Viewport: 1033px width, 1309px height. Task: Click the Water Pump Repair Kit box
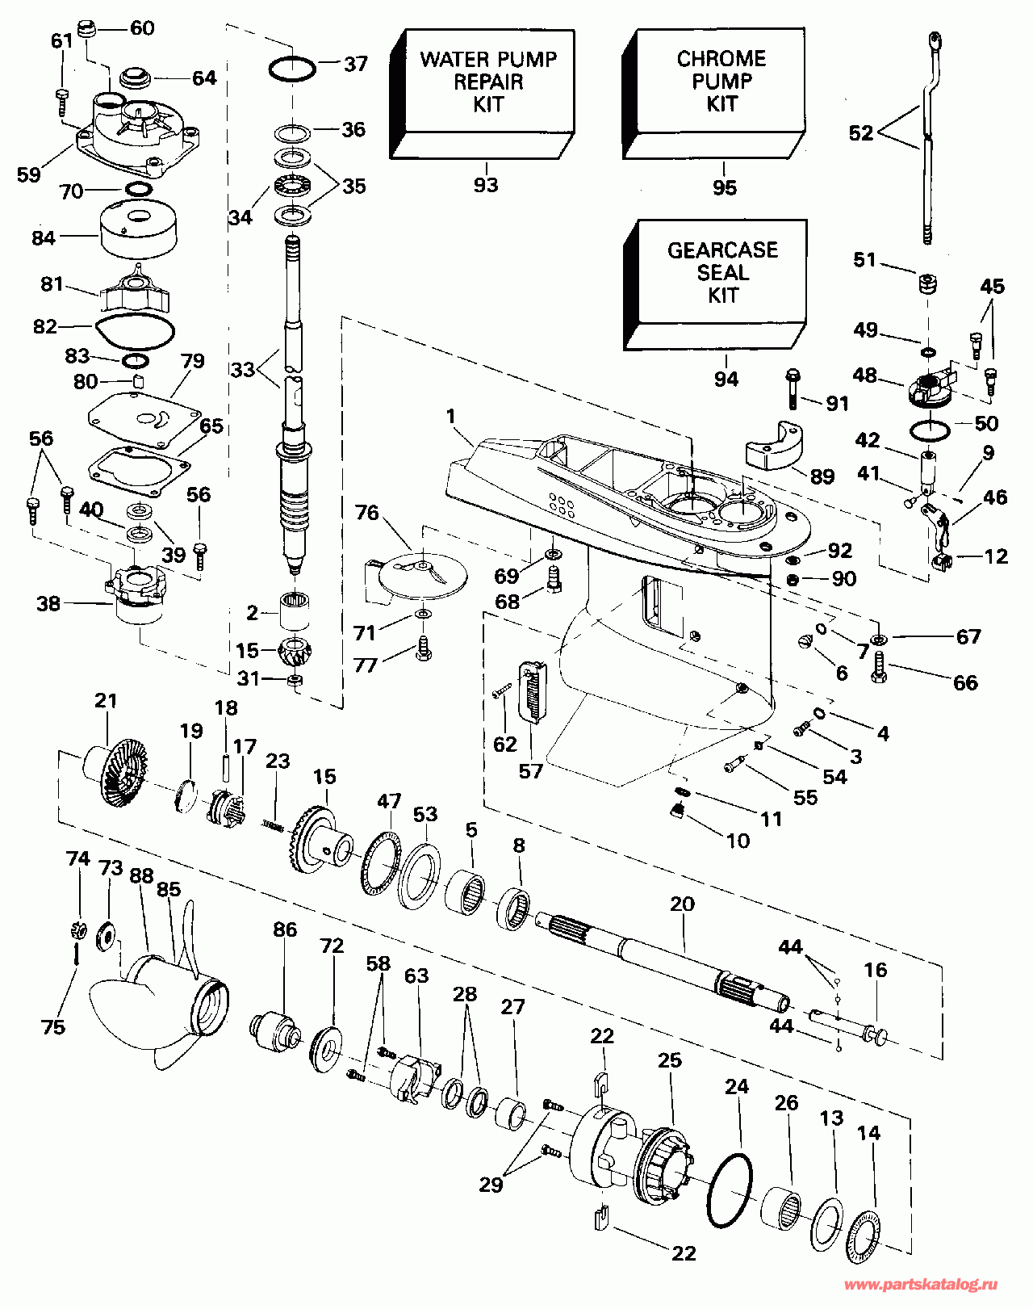[482, 94]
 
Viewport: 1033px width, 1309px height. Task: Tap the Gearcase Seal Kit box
[715, 284]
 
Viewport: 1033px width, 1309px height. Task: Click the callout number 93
[486, 184]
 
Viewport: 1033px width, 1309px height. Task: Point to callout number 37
[356, 64]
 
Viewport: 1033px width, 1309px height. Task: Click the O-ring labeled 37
[292, 69]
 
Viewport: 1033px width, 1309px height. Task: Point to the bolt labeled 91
[793, 388]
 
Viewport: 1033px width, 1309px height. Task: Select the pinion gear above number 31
[295, 651]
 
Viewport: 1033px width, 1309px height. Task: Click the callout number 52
[860, 132]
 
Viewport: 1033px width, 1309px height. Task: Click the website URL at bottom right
[921, 1285]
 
